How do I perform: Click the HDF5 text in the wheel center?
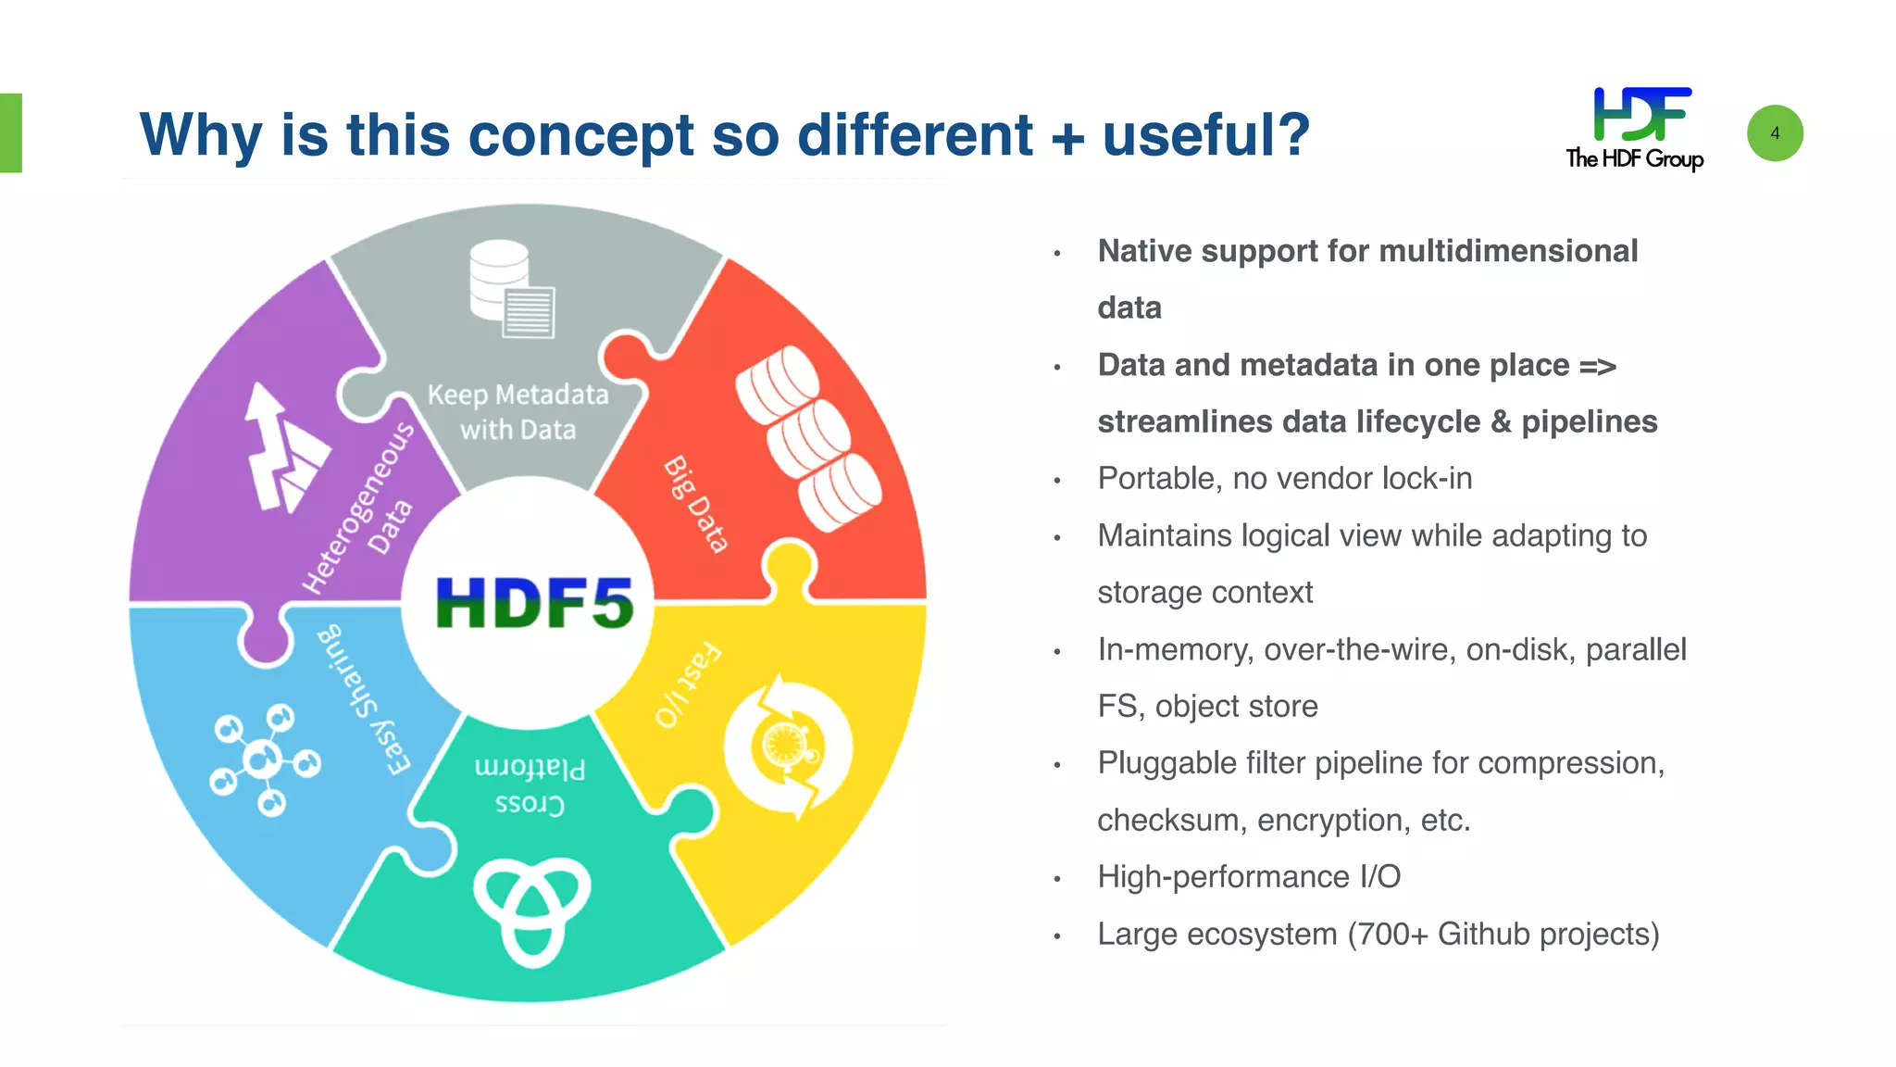(x=534, y=603)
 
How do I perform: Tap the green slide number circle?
(x=1775, y=133)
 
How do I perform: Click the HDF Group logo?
(x=1636, y=129)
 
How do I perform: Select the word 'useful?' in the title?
(x=1205, y=135)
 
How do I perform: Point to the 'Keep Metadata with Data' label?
(x=518, y=412)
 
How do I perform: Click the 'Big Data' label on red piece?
(x=696, y=505)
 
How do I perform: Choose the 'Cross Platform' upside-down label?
(x=530, y=785)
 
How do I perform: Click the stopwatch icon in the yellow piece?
(x=788, y=747)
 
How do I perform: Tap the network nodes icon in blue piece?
(x=264, y=759)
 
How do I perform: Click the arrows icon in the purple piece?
(x=282, y=448)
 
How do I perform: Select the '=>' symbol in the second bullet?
(x=1597, y=366)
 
